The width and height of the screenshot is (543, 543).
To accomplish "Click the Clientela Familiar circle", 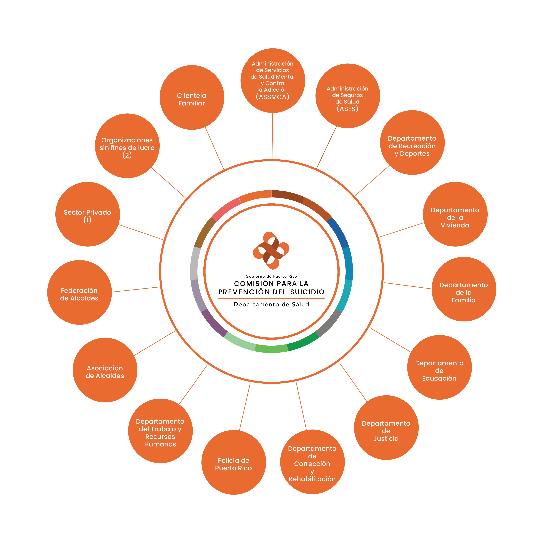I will (192, 97).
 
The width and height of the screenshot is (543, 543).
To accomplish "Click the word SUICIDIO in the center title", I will (307, 292).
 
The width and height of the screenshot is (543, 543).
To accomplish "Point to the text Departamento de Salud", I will (271, 304).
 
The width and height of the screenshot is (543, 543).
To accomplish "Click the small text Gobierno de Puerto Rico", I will (271, 276).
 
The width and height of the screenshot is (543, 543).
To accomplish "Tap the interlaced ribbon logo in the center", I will (271, 250).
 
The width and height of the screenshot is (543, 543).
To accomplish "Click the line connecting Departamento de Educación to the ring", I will (391, 340).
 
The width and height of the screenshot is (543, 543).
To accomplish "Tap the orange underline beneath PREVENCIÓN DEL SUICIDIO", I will (271, 298).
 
